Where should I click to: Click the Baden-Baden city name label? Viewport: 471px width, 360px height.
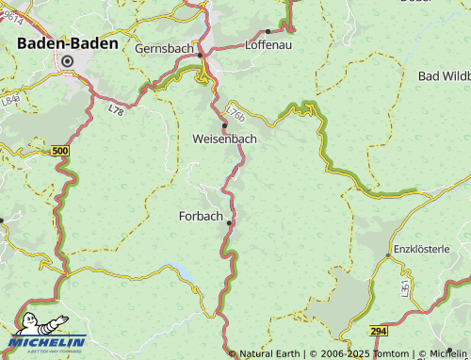tap(68, 42)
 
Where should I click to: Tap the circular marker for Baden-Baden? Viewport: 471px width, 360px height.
tap(67, 61)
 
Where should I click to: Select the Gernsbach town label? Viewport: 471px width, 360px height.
tap(164, 48)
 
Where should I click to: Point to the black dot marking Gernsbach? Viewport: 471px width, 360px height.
tap(200, 56)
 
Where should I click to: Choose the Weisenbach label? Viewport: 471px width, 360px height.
tap(224, 139)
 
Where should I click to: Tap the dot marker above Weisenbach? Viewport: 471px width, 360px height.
tap(224, 125)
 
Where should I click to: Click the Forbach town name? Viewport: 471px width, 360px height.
tap(201, 216)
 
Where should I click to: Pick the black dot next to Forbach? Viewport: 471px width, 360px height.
tap(230, 223)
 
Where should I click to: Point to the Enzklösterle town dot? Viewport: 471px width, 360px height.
tap(387, 255)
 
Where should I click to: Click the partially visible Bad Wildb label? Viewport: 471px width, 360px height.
tap(444, 74)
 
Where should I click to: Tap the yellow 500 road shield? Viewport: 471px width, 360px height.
tap(60, 151)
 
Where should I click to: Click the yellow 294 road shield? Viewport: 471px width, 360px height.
tap(378, 332)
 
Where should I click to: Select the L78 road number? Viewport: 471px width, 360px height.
tap(116, 110)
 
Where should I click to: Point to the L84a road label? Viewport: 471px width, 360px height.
tap(10, 98)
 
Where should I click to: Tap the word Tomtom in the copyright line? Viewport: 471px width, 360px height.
tap(390, 353)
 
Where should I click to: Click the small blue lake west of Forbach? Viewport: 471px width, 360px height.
tap(182, 273)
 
